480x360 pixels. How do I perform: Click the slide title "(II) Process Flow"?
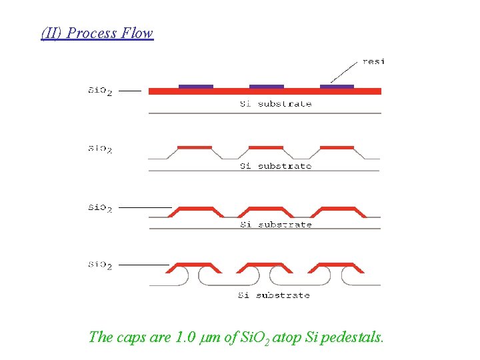pos(97,33)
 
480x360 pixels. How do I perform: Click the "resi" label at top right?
pos(373,61)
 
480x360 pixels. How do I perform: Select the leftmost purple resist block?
pos(196,86)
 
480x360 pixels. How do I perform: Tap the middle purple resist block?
pos(267,86)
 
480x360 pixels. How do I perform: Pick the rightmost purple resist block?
pos(337,86)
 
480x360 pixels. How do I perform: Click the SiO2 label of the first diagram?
pos(101,91)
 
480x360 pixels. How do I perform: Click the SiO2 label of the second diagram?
pos(101,149)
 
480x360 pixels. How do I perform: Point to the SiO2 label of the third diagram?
pos(101,207)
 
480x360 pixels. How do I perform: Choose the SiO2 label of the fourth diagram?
pos(101,265)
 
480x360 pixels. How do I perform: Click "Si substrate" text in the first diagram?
pos(275,104)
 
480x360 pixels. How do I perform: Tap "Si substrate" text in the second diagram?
pos(275,166)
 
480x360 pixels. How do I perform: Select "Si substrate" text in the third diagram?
pos(275,225)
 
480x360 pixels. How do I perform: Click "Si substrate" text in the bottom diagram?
pos(274,295)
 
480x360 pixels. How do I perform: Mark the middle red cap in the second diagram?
pos(266,147)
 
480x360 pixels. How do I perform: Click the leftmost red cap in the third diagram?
pos(195,210)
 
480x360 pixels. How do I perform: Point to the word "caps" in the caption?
pos(131,338)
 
